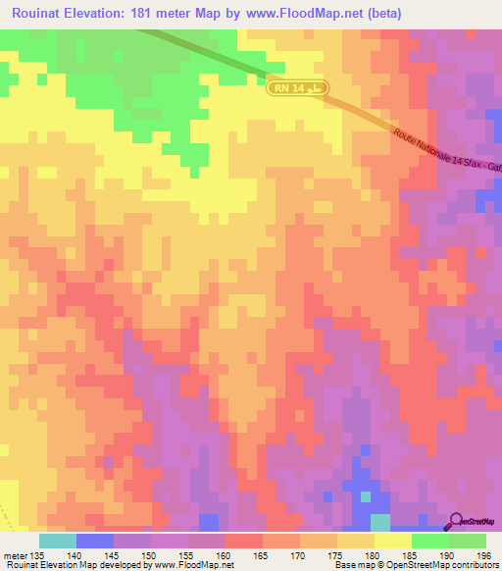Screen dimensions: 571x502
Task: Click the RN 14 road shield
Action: tap(298, 89)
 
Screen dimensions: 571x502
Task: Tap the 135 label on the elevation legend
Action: tap(37, 554)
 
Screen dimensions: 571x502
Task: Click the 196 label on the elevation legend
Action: tap(482, 554)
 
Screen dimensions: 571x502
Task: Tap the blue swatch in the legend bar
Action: tap(94, 541)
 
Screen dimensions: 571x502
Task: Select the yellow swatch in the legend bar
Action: tap(392, 541)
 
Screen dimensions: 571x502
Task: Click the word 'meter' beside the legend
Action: tap(14, 554)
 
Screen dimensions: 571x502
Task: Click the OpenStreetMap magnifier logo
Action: tap(455, 521)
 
